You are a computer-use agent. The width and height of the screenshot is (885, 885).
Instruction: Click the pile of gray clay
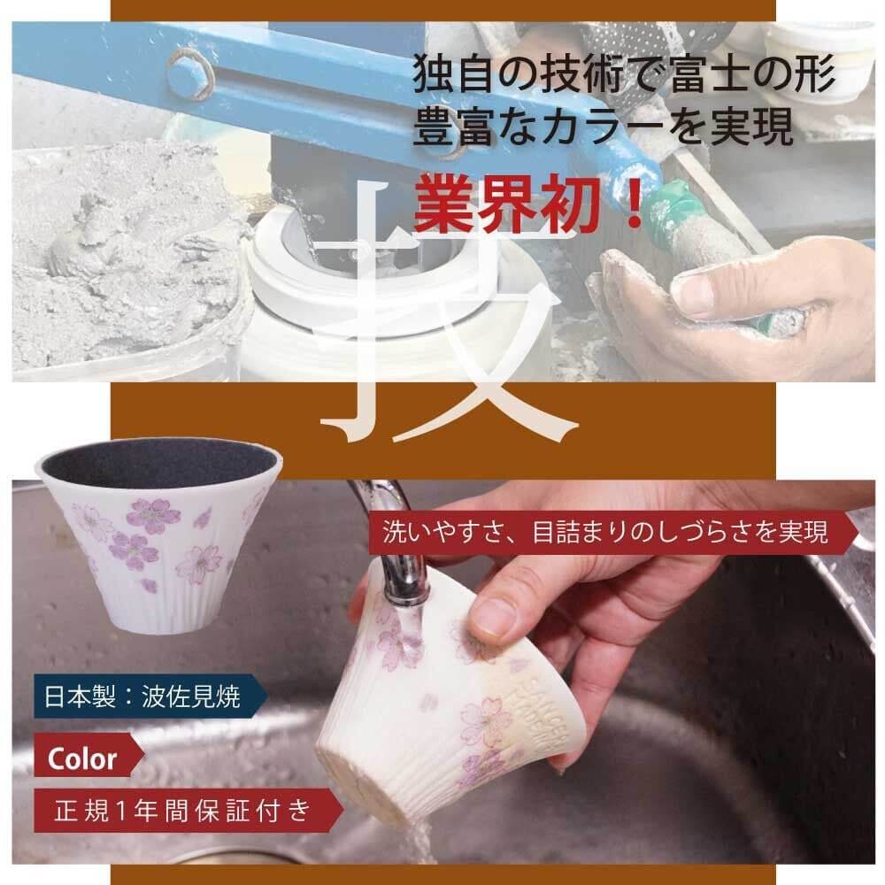[x=115, y=248]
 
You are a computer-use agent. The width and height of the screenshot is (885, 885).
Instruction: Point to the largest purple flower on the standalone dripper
[x=152, y=515]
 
